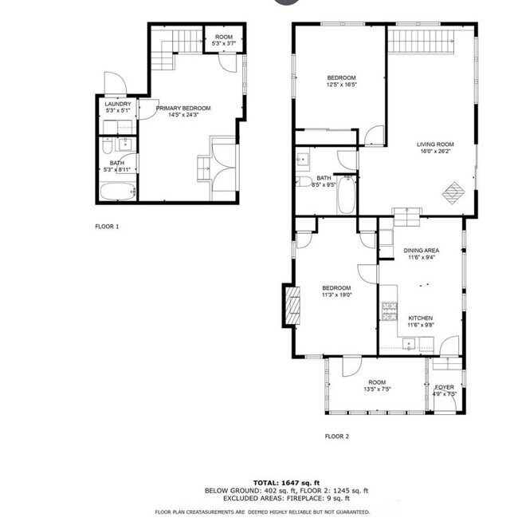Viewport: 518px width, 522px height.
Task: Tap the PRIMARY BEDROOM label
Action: click(183, 108)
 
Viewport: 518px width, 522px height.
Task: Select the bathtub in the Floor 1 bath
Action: click(117, 191)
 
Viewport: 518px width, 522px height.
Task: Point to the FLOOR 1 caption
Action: click(107, 227)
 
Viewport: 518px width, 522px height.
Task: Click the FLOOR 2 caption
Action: click(336, 436)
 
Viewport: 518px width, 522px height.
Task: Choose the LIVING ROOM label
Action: click(434, 145)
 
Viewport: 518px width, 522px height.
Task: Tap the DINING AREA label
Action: click(421, 250)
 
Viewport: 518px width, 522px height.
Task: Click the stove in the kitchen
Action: click(389, 311)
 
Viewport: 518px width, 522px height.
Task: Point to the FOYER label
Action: click(445, 387)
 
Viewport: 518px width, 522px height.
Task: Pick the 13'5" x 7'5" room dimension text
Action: click(377, 390)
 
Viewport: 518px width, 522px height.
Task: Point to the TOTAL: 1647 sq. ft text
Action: click(287, 483)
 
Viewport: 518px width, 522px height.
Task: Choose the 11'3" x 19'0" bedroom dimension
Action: click(336, 295)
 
